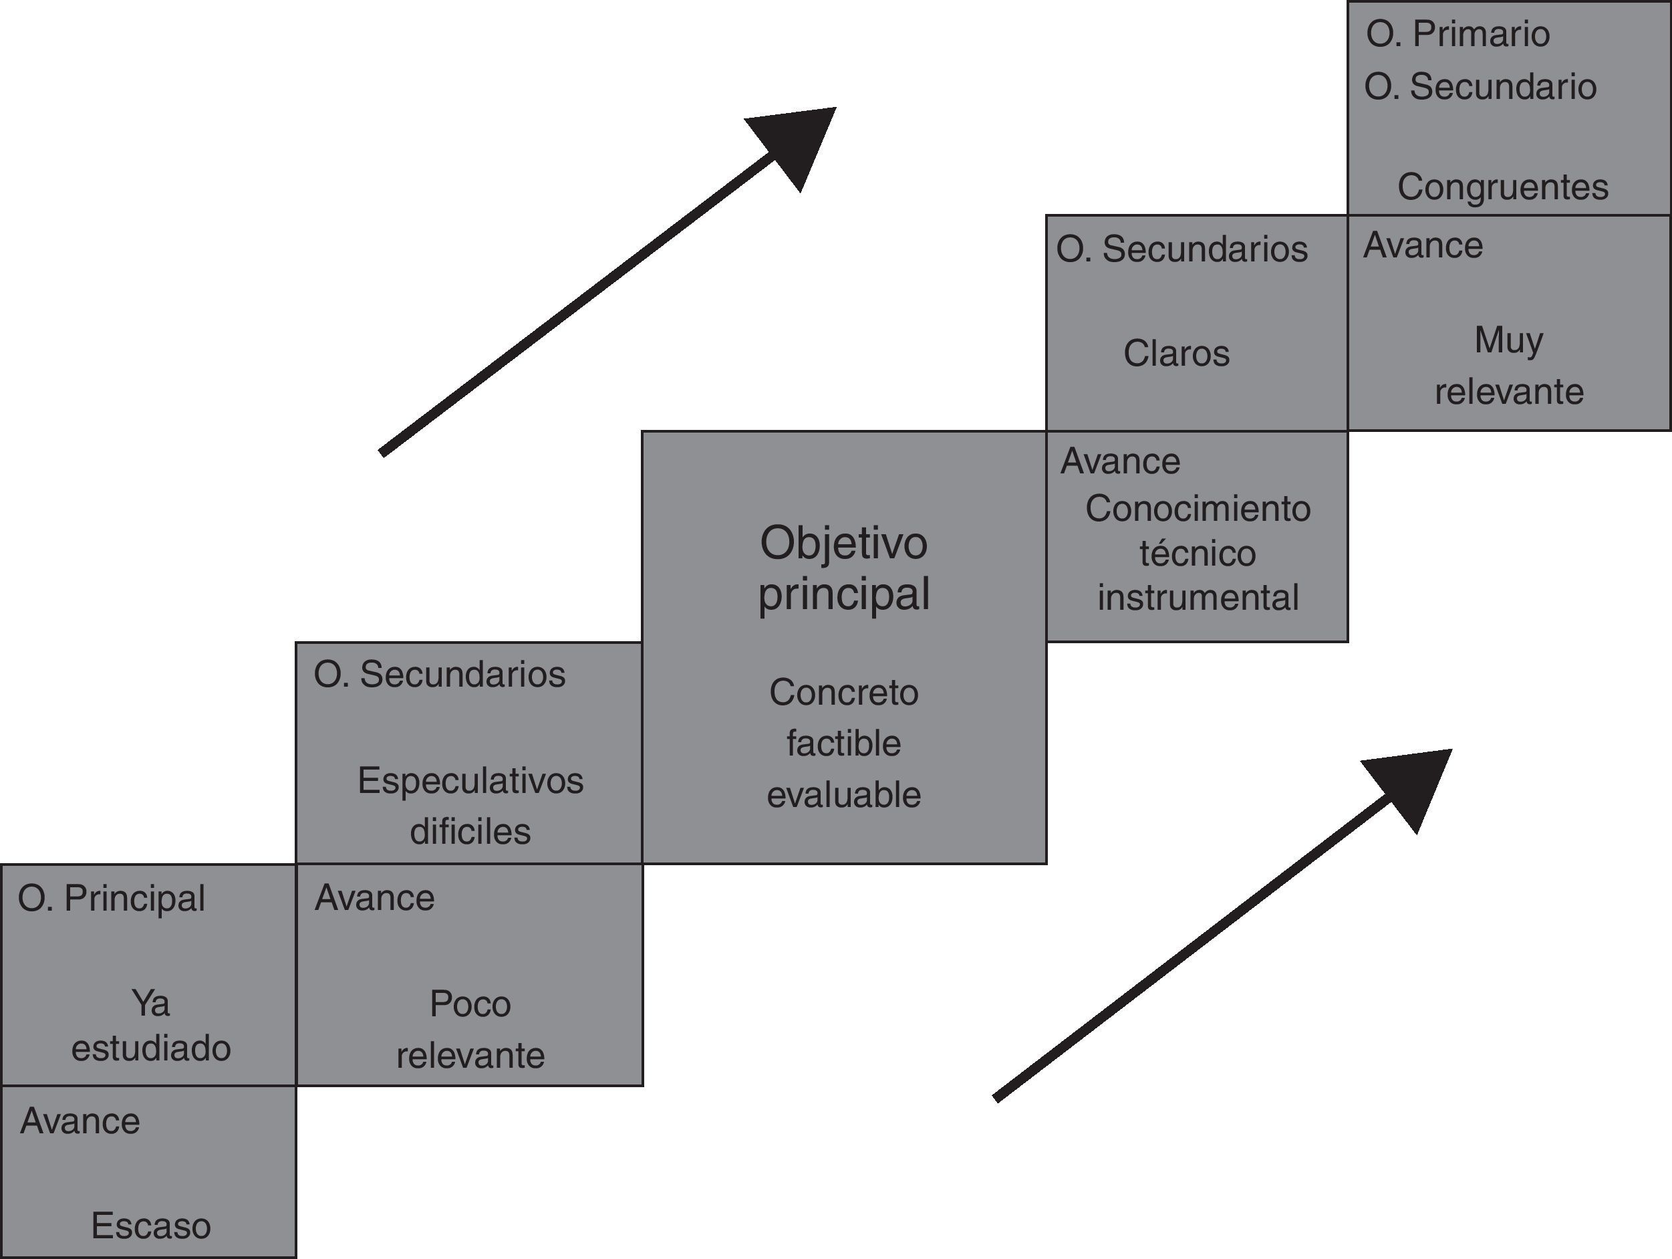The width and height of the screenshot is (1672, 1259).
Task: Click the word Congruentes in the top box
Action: coord(1503,187)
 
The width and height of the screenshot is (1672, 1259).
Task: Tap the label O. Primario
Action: coord(1458,34)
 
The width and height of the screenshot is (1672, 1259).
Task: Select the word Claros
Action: coord(1176,353)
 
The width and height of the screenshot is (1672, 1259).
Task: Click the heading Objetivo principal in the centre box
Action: coord(843,568)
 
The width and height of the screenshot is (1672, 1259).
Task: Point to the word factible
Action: coord(843,743)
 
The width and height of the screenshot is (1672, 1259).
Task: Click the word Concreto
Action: coord(843,693)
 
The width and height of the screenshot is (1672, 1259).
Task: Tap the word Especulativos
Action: coord(470,780)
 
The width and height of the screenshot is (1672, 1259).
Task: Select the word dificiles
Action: coord(470,831)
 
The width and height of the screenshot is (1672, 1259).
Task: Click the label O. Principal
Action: coord(112,899)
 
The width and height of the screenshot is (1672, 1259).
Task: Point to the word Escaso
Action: coord(150,1226)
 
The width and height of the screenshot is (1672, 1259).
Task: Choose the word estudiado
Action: coord(150,1048)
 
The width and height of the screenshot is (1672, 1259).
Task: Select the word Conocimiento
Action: coord(1198,509)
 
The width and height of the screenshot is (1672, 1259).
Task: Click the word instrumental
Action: coord(1198,597)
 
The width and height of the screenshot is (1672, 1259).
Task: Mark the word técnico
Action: coord(1198,554)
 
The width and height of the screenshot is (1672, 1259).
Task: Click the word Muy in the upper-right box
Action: coord(1509,340)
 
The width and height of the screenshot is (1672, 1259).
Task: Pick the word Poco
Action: coord(470,1004)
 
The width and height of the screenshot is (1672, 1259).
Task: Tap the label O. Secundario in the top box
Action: coord(1480,87)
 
